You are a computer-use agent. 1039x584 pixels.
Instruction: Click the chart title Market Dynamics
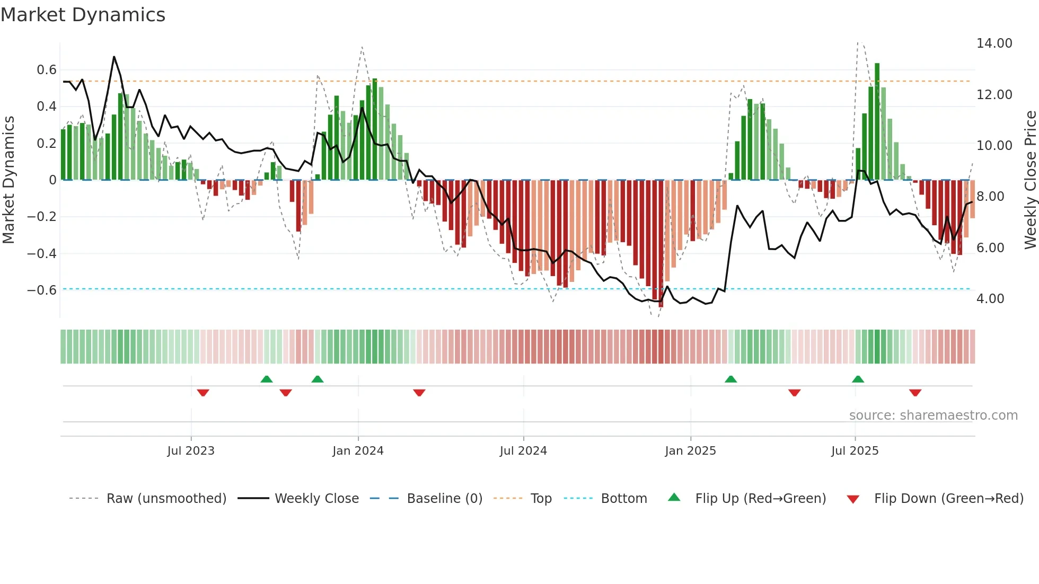tap(83, 15)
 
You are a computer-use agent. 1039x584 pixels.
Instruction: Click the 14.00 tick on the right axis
tap(994, 43)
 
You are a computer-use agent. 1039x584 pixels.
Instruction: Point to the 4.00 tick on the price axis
tap(990, 299)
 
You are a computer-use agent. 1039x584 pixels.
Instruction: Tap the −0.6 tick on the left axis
tap(42, 290)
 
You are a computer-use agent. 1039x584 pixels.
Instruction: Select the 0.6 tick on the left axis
tap(46, 70)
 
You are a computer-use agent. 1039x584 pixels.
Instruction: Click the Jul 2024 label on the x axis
tap(523, 451)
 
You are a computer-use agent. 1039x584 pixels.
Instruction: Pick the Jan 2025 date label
tap(690, 451)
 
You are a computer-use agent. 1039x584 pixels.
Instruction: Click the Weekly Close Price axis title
tap(1030, 180)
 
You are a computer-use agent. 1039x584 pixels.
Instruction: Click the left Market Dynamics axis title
tap(8, 180)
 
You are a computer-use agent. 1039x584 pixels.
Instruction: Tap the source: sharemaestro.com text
tap(933, 415)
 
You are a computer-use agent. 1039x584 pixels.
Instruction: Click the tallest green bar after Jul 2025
tap(877, 122)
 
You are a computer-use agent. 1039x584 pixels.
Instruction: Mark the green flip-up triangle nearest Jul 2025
tap(858, 379)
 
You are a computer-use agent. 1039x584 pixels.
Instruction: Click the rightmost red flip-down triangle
tap(915, 393)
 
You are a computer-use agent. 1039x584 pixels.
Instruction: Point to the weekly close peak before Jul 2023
tap(114, 57)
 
